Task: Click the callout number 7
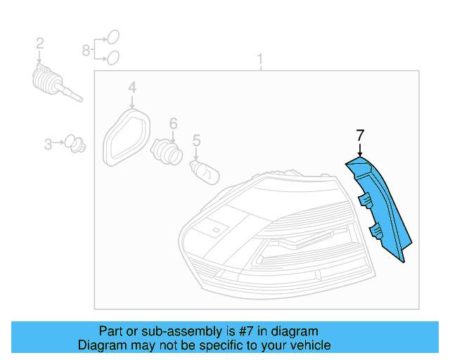[x=360, y=135]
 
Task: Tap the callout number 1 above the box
[x=260, y=59]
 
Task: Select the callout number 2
[x=40, y=43]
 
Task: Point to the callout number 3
[x=48, y=144]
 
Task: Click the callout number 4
[x=132, y=87]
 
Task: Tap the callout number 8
[x=86, y=50]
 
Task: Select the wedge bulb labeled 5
[x=205, y=172]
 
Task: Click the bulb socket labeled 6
[x=167, y=151]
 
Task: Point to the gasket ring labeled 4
[x=127, y=137]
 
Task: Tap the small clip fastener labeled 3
[x=75, y=144]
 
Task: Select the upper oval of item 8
[x=113, y=37]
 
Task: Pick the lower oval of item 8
[x=113, y=58]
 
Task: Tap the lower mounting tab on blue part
[x=375, y=230]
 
